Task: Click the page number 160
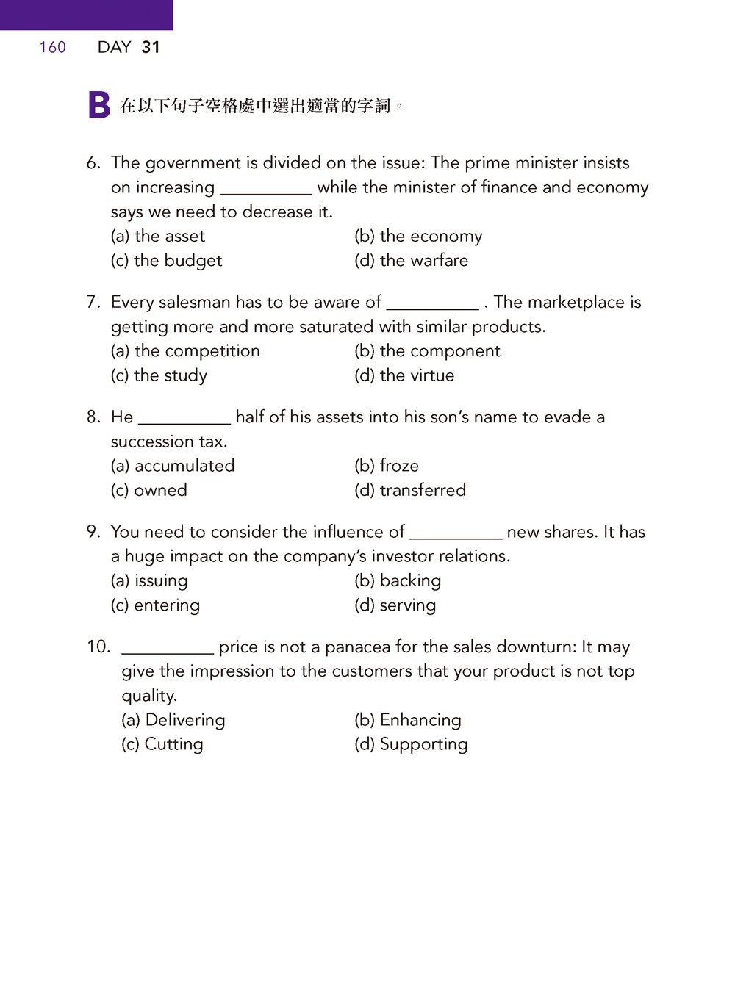coord(52,48)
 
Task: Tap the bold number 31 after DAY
coord(151,48)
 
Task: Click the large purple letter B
coord(98,105)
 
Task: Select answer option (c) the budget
coord(166,261)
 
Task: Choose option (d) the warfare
coord(411,261)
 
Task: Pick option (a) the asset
coord(158,237)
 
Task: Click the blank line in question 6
coord(265,192)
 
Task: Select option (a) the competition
coord(185,351)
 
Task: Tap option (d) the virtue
coord(404,375)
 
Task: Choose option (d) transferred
coord(410,490)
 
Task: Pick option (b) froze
coord(387,466)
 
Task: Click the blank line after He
coord(184,422)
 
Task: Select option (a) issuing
coord(149,580)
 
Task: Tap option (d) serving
coord(395,605)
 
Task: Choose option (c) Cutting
coord(162,744)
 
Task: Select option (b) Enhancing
coord(408,720)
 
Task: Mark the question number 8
coord(93,417)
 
